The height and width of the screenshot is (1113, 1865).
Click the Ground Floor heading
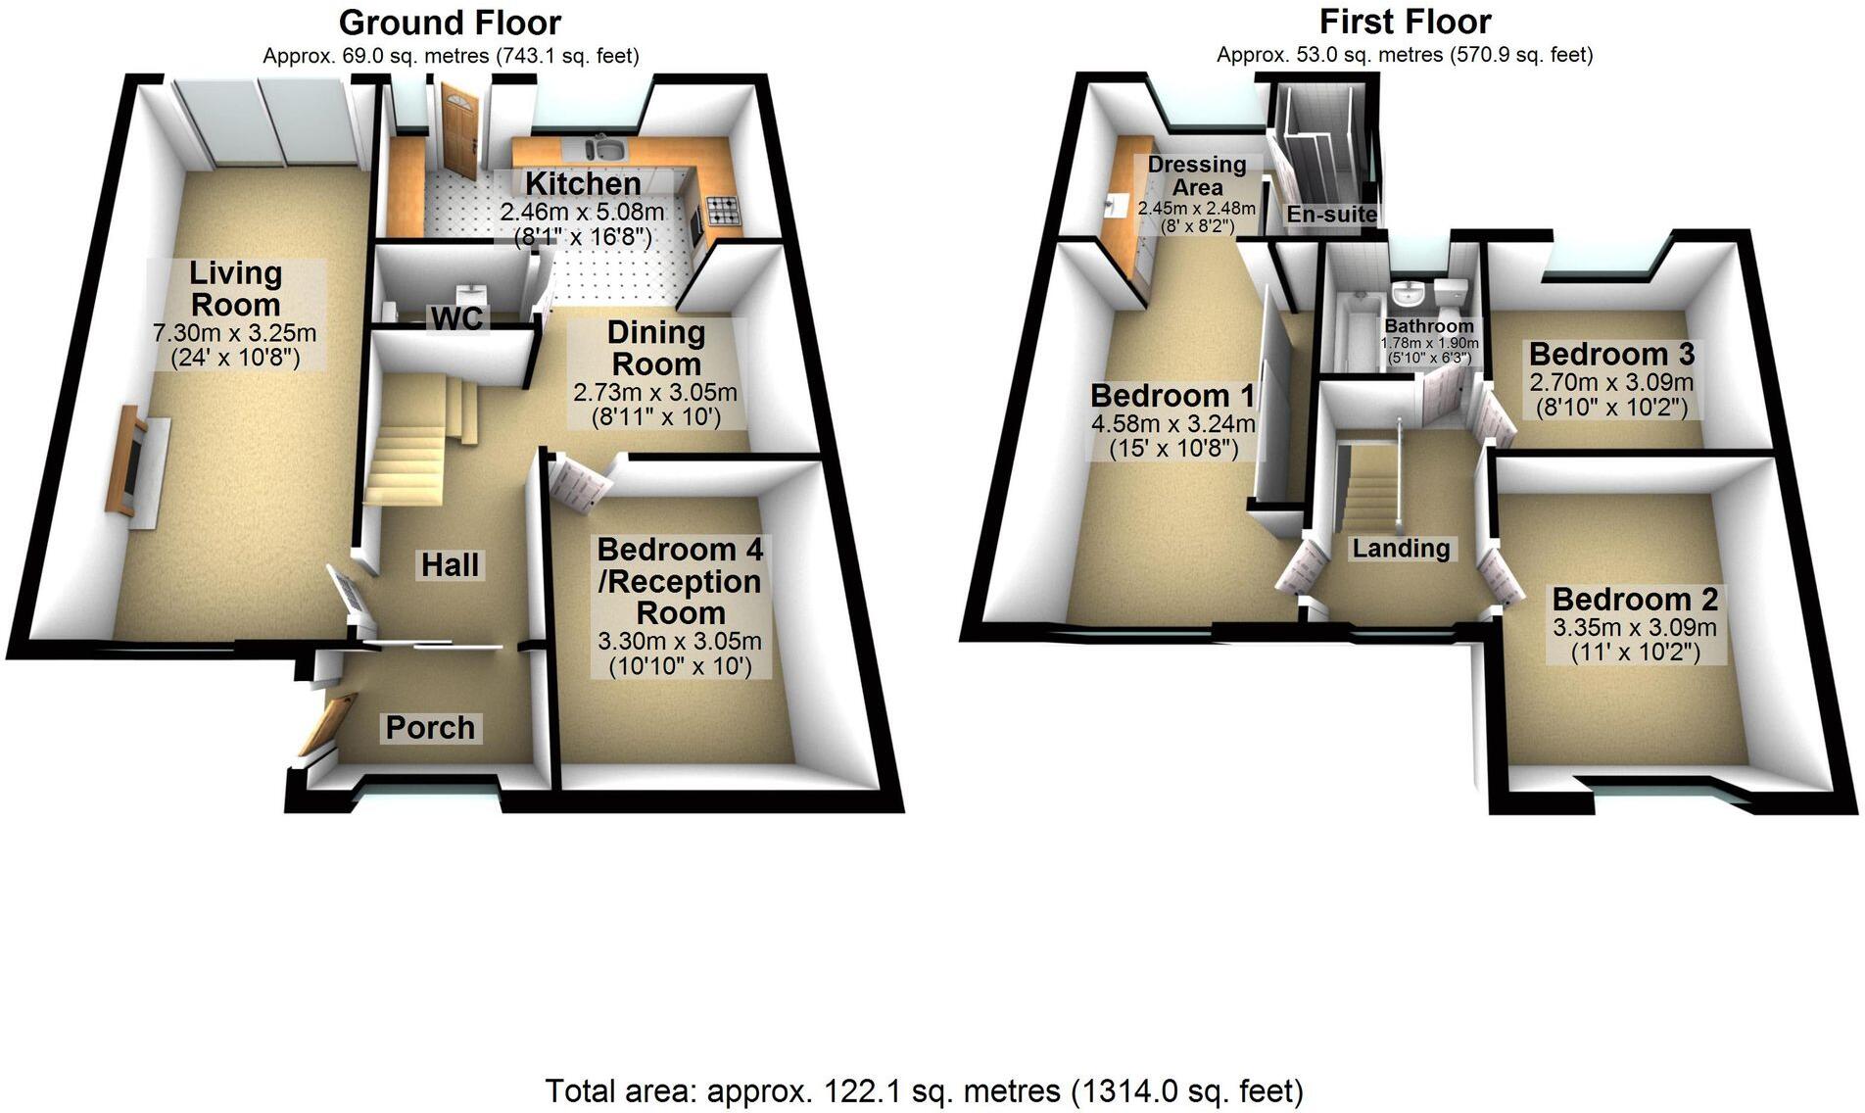point(450,22)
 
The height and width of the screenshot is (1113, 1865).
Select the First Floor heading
point(1405,21)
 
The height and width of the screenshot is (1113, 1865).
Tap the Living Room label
point(236,288)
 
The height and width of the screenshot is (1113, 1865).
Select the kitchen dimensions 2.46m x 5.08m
point(582,212)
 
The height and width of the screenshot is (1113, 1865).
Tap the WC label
point(458,317)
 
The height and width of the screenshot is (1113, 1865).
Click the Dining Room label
point(655,348)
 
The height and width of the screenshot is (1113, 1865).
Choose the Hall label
point(450,564)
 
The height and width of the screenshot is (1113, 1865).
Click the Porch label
point(430,727)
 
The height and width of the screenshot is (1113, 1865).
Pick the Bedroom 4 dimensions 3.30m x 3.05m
point(680,642)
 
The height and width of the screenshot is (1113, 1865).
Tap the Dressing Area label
point(1197,175)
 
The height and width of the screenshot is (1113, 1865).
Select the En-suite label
point(1331,214)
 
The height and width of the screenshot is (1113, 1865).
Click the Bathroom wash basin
point(1408,293)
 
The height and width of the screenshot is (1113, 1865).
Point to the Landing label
point(1401,548)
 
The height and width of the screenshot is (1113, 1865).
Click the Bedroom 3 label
point(1611,353)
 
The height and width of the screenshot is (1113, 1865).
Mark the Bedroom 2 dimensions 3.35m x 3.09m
point(1635,627)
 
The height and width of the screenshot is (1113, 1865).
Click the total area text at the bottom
point(924,1090)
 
